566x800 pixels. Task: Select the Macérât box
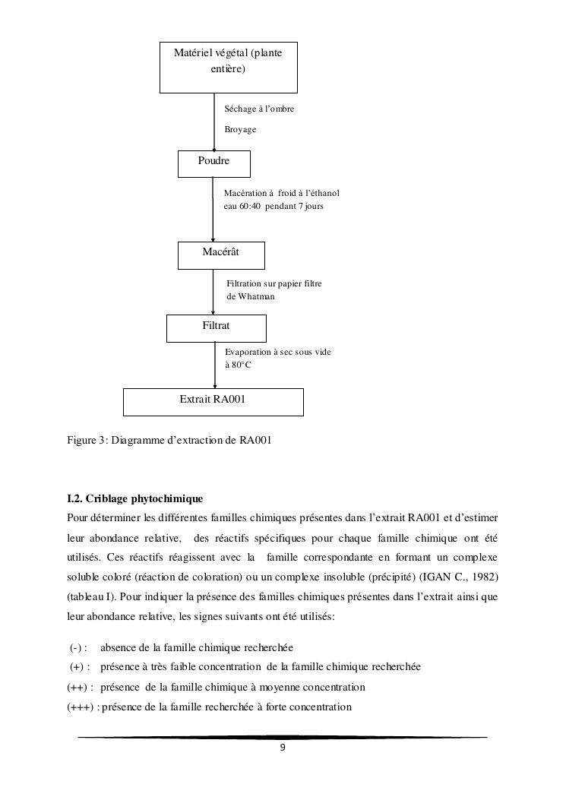tap(221, 255)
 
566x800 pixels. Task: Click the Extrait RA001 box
tap(213, 402)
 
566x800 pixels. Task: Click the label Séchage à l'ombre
tap(259, 109)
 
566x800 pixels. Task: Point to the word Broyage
tap(240, 130)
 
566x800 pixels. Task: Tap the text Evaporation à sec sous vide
tap(278, 353)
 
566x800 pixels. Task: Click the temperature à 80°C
tap(238, 365)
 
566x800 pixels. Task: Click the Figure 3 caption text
tap(169, 441)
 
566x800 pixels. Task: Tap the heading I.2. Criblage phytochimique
tap(135, 498)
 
